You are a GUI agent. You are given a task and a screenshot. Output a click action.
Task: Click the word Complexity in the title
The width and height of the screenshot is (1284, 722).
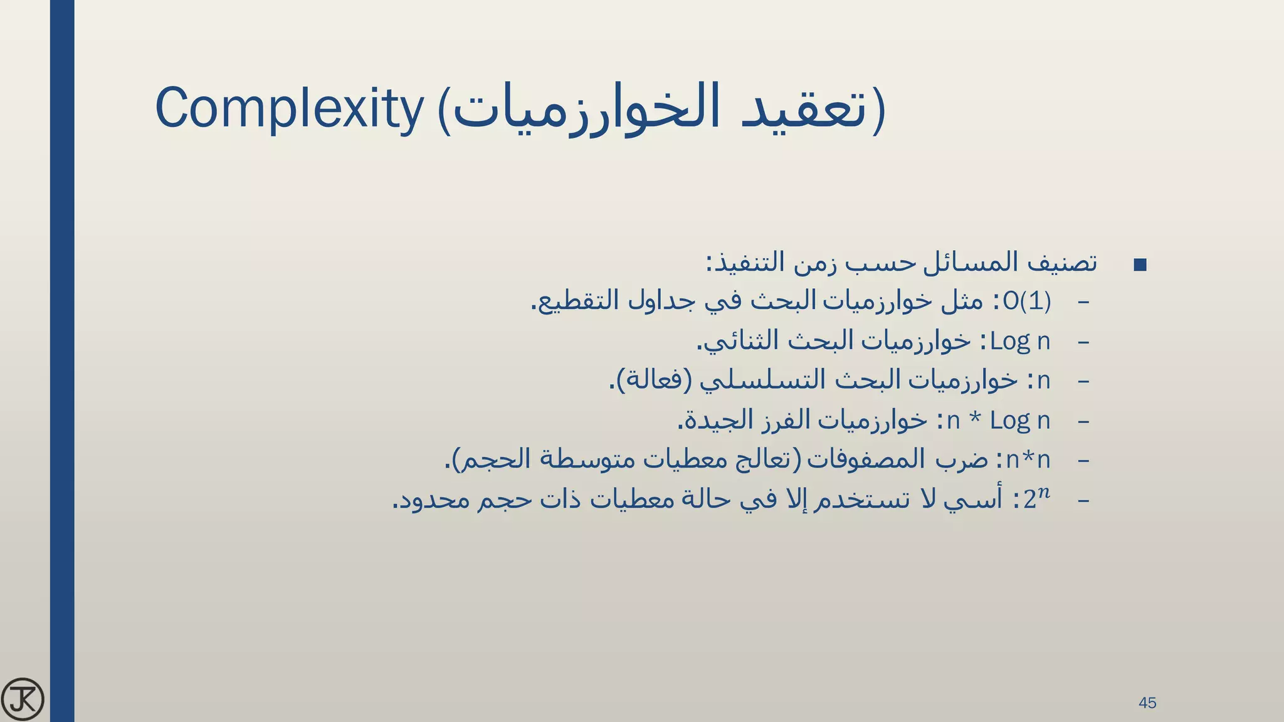click(289, 108)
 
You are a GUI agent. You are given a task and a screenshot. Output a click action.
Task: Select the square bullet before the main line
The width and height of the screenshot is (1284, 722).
click(1140, 264)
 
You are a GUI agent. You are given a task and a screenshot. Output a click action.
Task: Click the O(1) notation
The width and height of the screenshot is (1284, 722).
click(1026, 301)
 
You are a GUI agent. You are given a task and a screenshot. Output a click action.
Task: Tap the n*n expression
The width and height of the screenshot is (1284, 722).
click(1028, 460)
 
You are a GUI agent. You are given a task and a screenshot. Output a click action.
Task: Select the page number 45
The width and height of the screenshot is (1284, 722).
click(1147, 703)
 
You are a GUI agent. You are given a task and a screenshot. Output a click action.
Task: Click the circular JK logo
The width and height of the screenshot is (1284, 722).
click(23, 699)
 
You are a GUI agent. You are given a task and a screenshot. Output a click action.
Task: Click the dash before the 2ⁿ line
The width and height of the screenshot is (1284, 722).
click(1083, 500)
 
